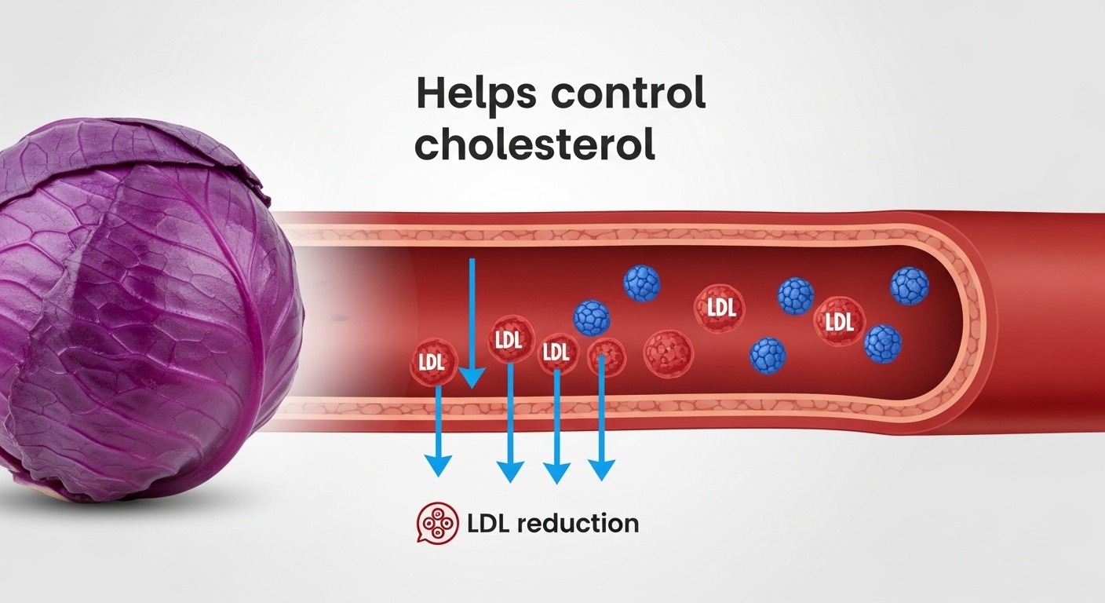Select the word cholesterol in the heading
(x=534, y=146)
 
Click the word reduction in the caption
(x=578, y=524)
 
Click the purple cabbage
(x=141, y=306)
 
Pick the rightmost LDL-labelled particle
(x=839, y=321)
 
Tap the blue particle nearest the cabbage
(x=592, y=318)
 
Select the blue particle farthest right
(x=910, y=286)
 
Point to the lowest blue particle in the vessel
(x=768, y=355)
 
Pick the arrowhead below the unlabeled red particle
(x=601, y=470)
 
